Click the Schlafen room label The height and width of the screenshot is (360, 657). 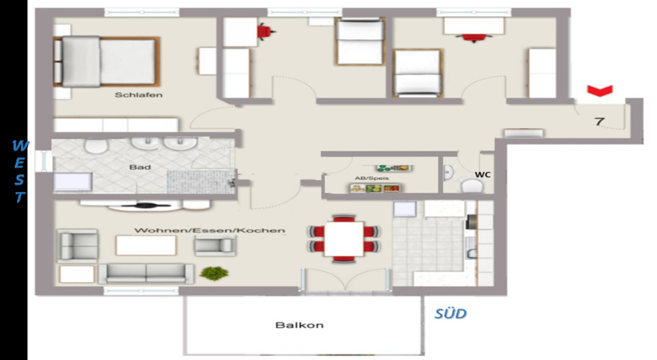pos(138,95)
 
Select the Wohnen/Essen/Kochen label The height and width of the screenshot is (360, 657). pos(209,230)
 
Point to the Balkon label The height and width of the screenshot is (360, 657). pos(299,325)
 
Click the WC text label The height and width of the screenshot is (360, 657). pos(482,175)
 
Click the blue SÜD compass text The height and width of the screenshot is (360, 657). pos(450,314)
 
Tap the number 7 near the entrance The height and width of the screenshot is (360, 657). pos(599,122)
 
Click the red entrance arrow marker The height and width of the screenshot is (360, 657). pos(600,90)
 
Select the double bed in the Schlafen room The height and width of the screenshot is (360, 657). pos(106,61)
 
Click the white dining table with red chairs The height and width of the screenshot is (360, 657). pos(344,238)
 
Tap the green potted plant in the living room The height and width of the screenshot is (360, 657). pos(214,273)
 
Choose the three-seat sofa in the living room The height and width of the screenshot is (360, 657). pos(146,272)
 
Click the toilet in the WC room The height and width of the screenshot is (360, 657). pos(470,185)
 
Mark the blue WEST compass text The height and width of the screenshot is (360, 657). pos(21,171)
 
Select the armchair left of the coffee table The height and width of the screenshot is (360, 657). pos(77,244)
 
